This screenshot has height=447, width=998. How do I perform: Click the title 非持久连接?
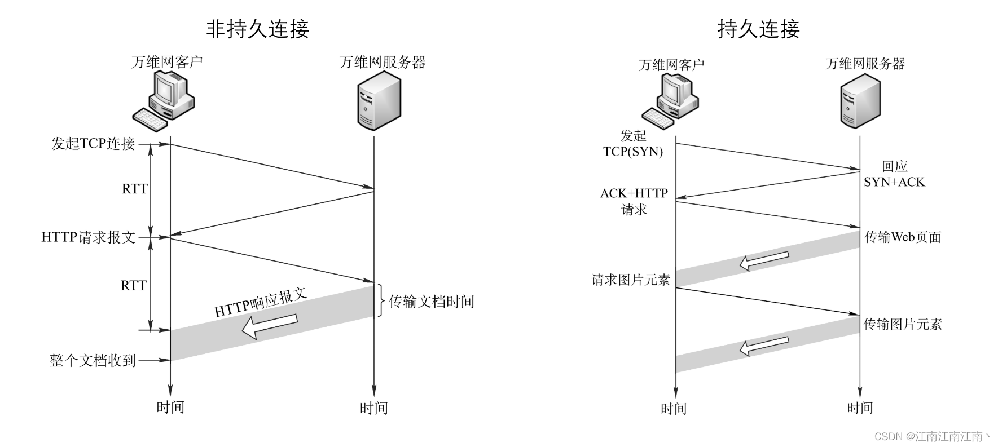coord(257,29)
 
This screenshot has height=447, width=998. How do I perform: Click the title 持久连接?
coord(758,29)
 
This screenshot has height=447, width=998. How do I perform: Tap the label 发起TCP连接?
coord(93,144)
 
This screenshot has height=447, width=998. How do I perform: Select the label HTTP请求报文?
coord(89,237)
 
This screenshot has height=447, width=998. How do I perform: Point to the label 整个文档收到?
coord(93,360)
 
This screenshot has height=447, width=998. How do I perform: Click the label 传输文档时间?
coord(432,302)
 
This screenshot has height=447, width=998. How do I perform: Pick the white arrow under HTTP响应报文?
coord(269,326)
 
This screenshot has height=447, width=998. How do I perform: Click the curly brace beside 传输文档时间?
coord(381,301)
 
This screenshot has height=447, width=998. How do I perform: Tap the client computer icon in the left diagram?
coord(164,102)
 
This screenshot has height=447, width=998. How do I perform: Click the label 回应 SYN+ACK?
coord(894,174)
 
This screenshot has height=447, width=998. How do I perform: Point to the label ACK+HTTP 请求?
coord(634,201)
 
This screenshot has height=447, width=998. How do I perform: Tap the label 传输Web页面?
coord(903,237)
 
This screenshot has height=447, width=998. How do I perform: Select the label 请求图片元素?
coord(630,280)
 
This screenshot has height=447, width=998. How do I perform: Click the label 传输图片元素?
coord(903,324)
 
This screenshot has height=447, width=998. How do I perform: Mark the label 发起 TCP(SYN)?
coord(633,143)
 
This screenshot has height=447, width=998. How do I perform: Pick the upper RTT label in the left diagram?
coord(134,189)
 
